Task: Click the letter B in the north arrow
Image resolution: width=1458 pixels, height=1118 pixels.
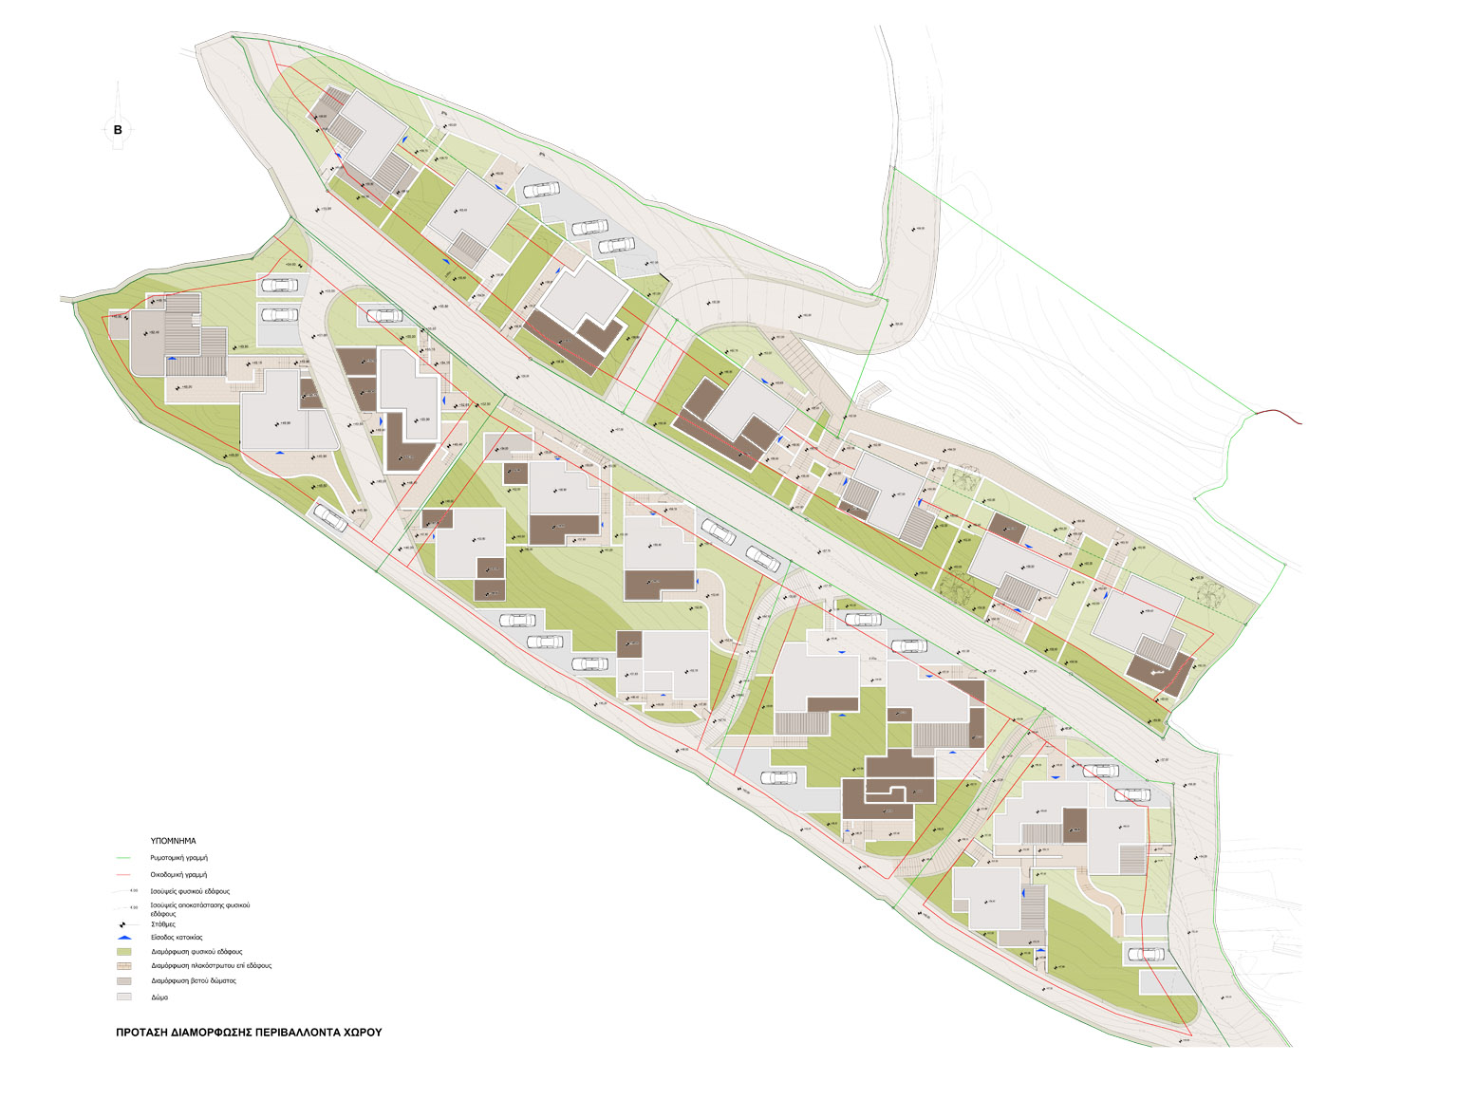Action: pyautogui.click(x=118, y=130)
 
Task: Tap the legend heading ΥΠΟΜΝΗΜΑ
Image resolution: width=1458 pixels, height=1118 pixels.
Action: pyautogui.click(x=173, y=841)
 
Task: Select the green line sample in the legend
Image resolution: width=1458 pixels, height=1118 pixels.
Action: pyautogui.click(x=124, y=858)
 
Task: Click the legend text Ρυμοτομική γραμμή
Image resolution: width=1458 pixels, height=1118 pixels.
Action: pyautogui.click(x=178, y=858)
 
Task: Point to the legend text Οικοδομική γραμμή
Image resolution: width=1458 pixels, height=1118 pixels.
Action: pyautogui.click(x=178, y=875)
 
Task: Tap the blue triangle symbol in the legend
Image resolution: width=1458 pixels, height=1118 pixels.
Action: pyautogui.click(x=124, y=938)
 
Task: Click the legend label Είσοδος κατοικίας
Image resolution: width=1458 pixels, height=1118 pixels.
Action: pyautogui.click(x=177, y=938)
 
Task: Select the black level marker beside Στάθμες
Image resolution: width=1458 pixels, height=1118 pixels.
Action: pyautogui.click(x=124, y=924)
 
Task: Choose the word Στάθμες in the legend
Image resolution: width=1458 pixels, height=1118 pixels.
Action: pyautogui.click(x=163, y=924)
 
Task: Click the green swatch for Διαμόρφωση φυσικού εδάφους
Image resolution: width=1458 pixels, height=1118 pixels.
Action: pyautogui.click(x=124, y=952)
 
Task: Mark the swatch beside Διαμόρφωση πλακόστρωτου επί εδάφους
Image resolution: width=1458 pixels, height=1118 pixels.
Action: pyautogui.click(x=124, y=966)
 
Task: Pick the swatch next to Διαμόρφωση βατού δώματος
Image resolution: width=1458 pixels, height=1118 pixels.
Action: pyautogui.click(x=124, y=981)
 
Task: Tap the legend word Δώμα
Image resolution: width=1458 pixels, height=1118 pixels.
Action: pyautogui.click(x=159, y=997)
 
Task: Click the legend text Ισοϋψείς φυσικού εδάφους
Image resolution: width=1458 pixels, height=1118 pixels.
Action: pyautogui.click(x=190, y=892)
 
